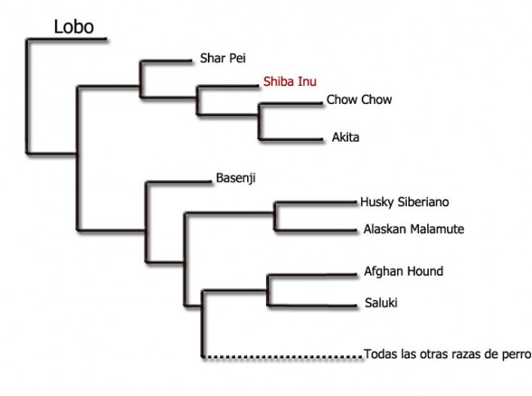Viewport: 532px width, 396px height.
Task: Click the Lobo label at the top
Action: (x=74, y=27)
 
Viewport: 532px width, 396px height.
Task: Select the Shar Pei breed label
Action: (x=223, y=58)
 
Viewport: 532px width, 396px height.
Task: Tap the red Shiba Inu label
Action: (x=290, y=81)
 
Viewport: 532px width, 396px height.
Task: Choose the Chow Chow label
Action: (x=359, y=99)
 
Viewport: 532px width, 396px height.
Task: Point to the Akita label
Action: (x=345, y=137)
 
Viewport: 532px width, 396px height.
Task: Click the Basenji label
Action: (x=236, y=178)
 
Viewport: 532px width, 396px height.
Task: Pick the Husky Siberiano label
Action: (x=404, y=202)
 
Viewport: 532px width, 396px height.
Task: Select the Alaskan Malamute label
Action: (x=413, y=229)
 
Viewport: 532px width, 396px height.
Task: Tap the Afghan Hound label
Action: (x=404, y=272)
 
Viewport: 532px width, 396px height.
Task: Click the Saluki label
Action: (x=381, y=303)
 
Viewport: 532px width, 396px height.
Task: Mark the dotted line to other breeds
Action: (x=282, y=357)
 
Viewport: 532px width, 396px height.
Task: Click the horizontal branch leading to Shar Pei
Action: (x=166, y=61)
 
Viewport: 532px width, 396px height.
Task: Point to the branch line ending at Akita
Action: (x=291, y=139)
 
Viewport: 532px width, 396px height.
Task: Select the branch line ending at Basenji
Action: (x=178, y=182)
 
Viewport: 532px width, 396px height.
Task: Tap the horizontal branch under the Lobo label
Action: (x=67, y=39)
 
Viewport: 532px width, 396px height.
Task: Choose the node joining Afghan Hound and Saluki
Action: (x=268, y=290)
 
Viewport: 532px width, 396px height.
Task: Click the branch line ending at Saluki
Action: (x=313, y=306)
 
